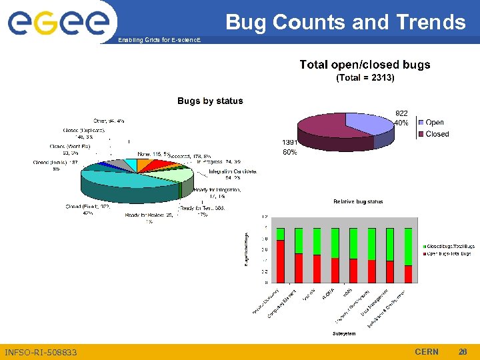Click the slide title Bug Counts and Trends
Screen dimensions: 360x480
tap(345, 23)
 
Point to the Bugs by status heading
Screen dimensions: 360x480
tap(210, 101)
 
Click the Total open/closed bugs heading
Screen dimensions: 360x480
tap(365, 65)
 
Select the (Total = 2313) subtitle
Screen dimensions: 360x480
tap(365, 78)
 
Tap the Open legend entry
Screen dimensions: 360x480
tap(434, 123)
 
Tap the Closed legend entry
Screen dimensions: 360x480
tap(437, 134)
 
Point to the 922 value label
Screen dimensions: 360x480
tap(402, 113)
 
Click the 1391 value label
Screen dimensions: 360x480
tap(289, 143)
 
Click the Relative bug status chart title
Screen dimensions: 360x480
tap(358, 201)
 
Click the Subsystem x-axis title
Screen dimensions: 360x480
tap(344, 333)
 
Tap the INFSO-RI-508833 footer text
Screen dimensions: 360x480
tap(41, 352)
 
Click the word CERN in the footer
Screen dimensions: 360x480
tap(427, 351)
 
